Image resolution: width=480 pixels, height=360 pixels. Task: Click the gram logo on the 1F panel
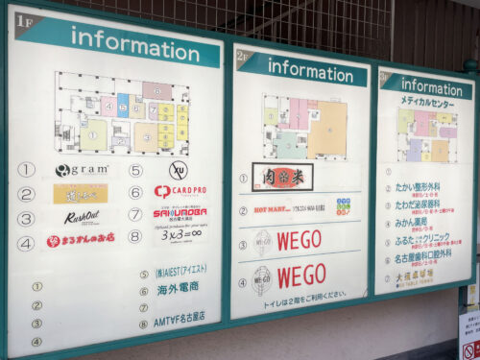[x=82, y=170]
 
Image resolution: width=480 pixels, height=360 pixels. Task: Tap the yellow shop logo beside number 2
[x=81, y=194]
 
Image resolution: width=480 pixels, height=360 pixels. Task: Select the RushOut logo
[x=82, y=218]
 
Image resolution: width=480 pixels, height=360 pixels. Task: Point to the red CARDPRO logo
[x=180, y=191]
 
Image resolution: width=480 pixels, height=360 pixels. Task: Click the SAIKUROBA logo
[x=180, y=213]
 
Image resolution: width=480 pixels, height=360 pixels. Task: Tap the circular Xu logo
[x=179, y=170]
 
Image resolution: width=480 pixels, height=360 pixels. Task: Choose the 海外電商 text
[x=178, y=287]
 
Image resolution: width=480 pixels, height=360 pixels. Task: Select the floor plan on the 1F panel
[x=122, y=113]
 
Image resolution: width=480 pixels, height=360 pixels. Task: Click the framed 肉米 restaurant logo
[x=282, y=177]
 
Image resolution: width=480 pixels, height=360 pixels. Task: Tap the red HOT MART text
[x=273, y=208]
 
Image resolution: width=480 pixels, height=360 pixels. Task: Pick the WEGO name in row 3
[x=299, y=240]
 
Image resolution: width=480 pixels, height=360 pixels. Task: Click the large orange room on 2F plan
[x=328, y=129]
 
